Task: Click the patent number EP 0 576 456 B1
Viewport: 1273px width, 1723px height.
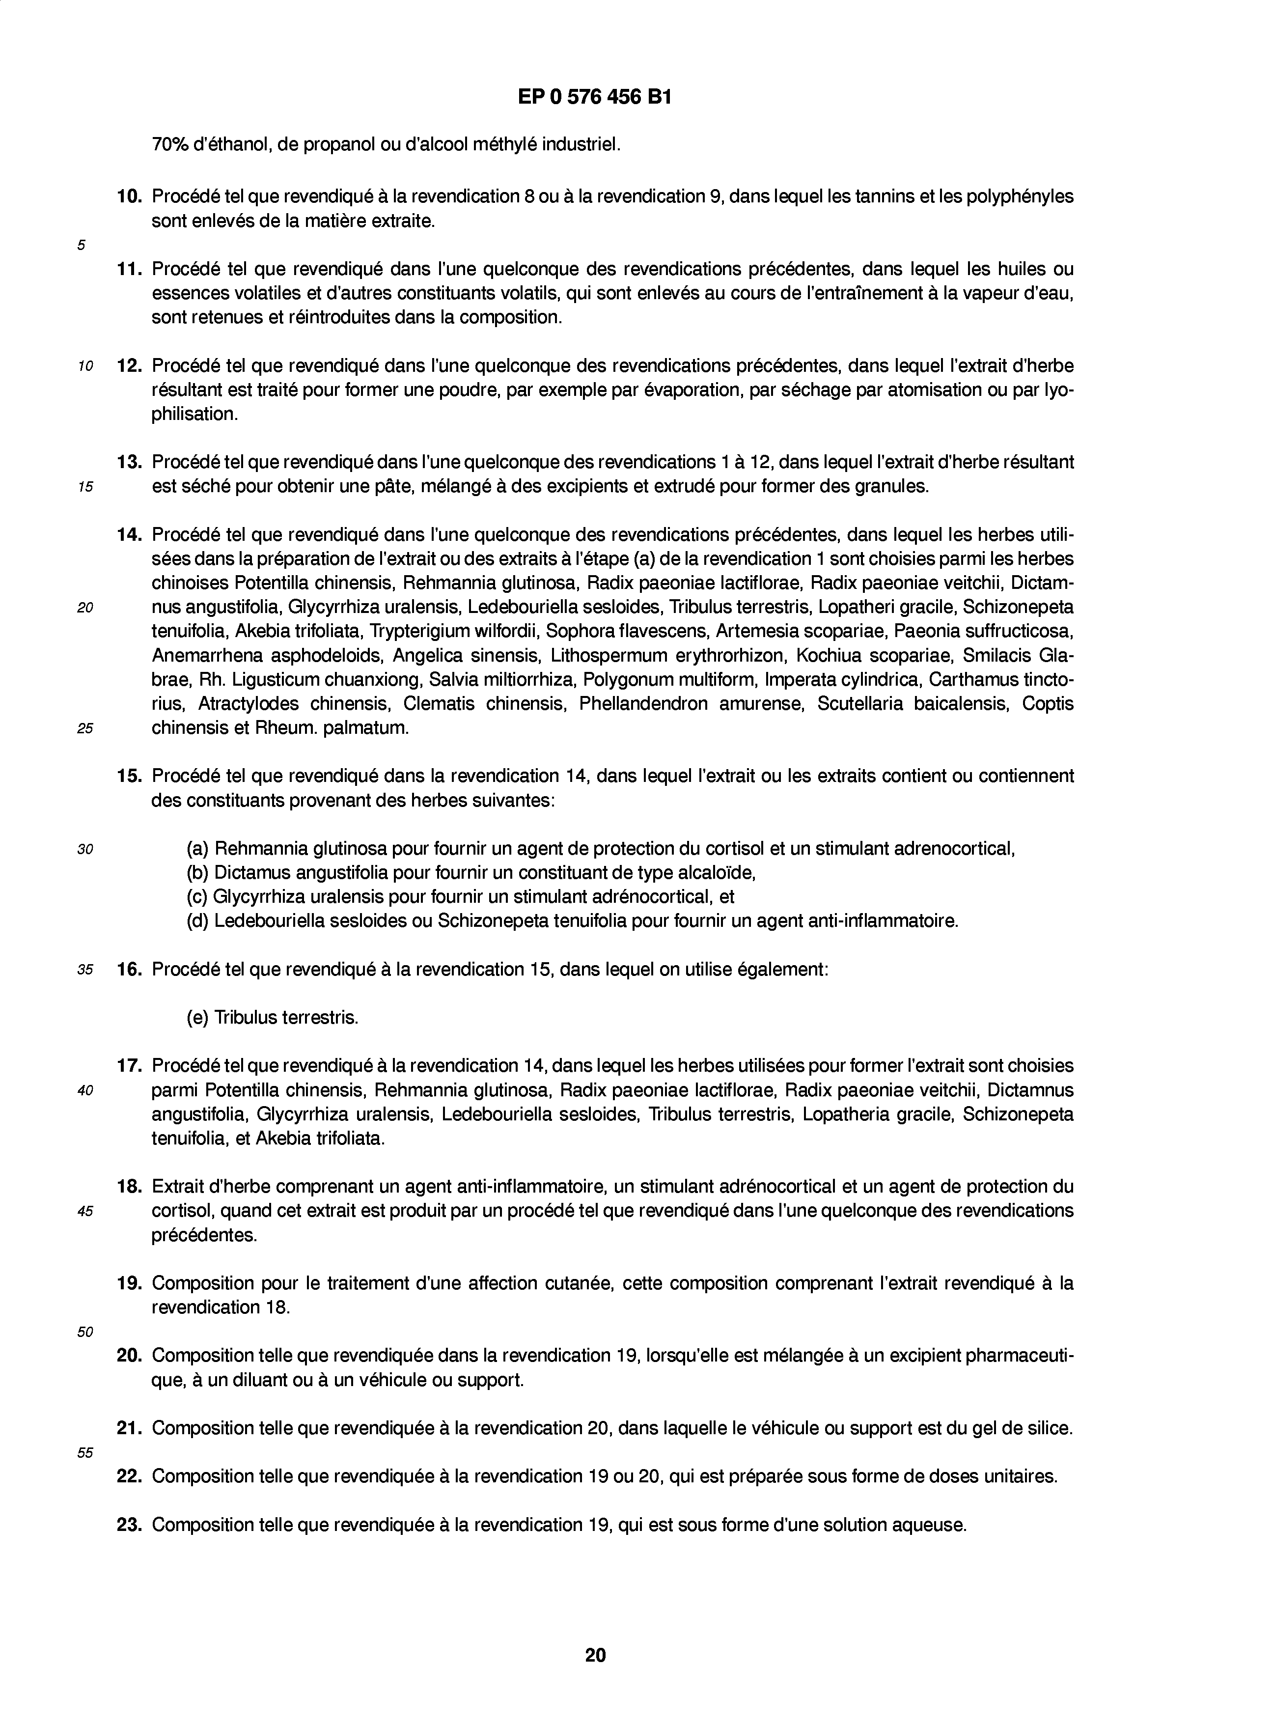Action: (594, 98)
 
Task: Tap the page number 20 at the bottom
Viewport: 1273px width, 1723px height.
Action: (595, 1654)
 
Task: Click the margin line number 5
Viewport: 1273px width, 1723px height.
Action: (81, 245)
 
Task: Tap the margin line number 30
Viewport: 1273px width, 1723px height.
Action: (85, 849)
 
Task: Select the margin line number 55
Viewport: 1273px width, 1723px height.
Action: (85, 1452)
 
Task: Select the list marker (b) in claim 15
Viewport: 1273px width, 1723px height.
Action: (197, 873)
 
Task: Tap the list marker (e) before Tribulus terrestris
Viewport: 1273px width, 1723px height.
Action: (197, 1017)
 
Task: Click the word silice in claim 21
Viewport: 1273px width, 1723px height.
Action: (1050, 1428)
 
